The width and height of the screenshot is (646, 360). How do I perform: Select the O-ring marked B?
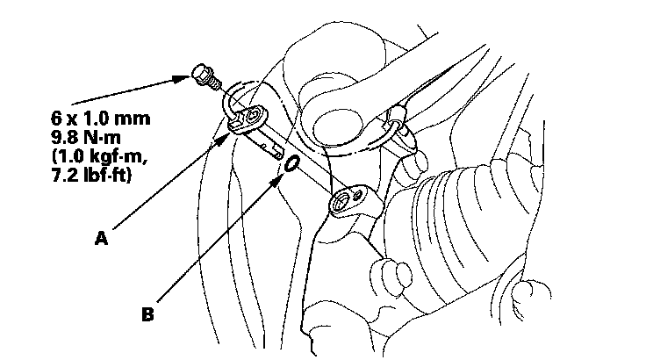click(291, 164)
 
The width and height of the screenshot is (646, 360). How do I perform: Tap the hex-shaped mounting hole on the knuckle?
click(341, 204)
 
